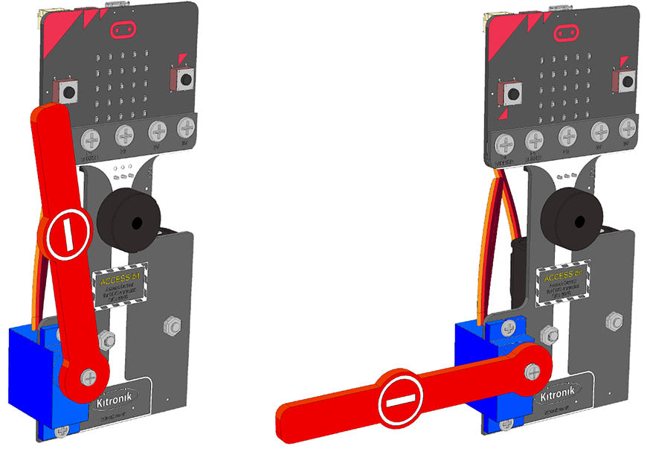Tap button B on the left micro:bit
click(184, 77)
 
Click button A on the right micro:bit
click(512, 94)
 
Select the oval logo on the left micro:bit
click(123, 30)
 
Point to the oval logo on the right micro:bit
click(567, 34)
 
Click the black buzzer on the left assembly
click(128, 221)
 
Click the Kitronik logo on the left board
click(118, 401)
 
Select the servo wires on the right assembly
click(497, 238)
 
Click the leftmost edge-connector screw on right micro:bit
click(506, 141)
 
